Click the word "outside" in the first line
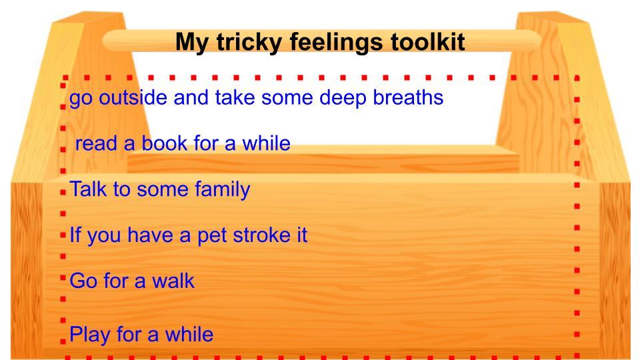pyautogui.click(x=133, y=97)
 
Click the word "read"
pyautogui.click(x=96, y=143)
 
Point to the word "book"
pyautogui.click(x=165, y=143)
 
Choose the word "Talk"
pyautogui.click(x=88, y=189)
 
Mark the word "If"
pyautogui.click(x=75, y=235)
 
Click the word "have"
pyautogui.click(x=150, y=235)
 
